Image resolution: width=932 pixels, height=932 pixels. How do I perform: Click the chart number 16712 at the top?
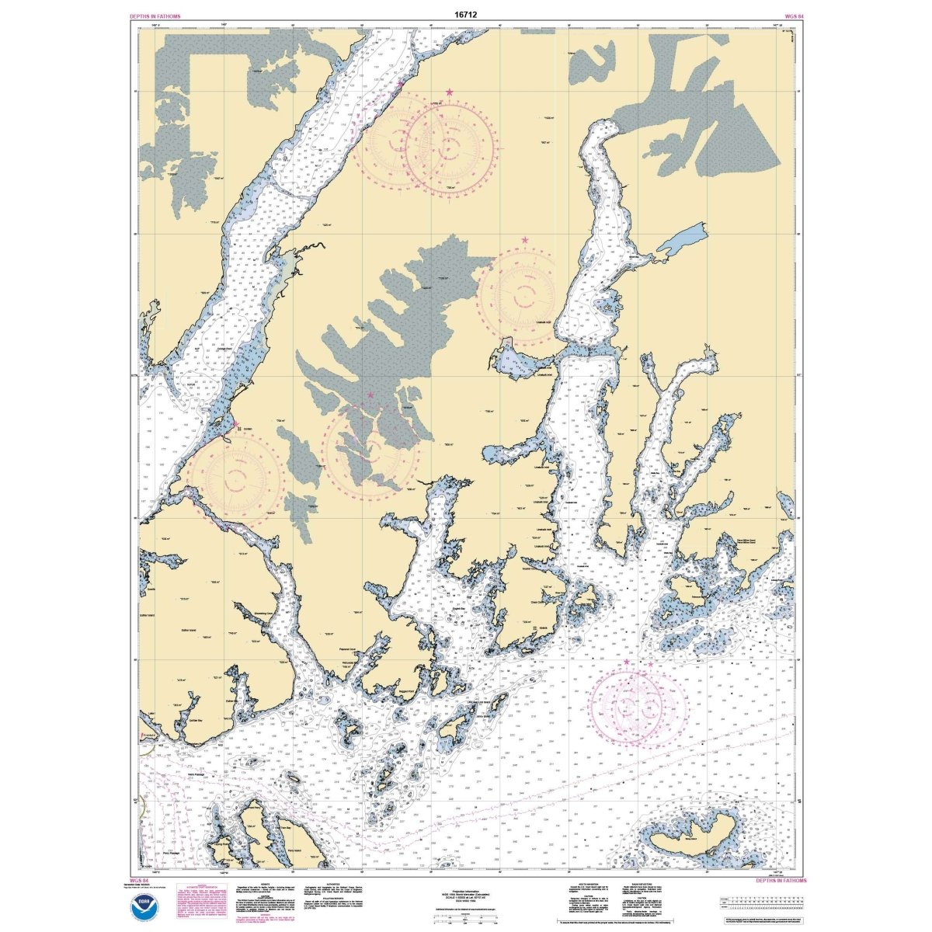click(x=466, y=14)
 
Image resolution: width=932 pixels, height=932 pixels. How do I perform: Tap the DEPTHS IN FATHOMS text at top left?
click(x=155, y=16)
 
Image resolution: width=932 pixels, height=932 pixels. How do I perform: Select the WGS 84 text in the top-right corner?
click(x=784, y=16)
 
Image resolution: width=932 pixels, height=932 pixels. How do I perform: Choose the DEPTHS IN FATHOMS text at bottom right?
click(x=781, y=881)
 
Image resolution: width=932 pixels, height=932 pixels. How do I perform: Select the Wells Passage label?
click(x=179, y=773)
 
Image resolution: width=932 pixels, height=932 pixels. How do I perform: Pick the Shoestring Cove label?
click(x=265, y=614)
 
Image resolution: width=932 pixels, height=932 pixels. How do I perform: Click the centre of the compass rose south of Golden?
click(x=237, y=474)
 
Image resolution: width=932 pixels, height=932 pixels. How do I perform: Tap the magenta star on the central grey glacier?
click(x=370, y=395)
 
